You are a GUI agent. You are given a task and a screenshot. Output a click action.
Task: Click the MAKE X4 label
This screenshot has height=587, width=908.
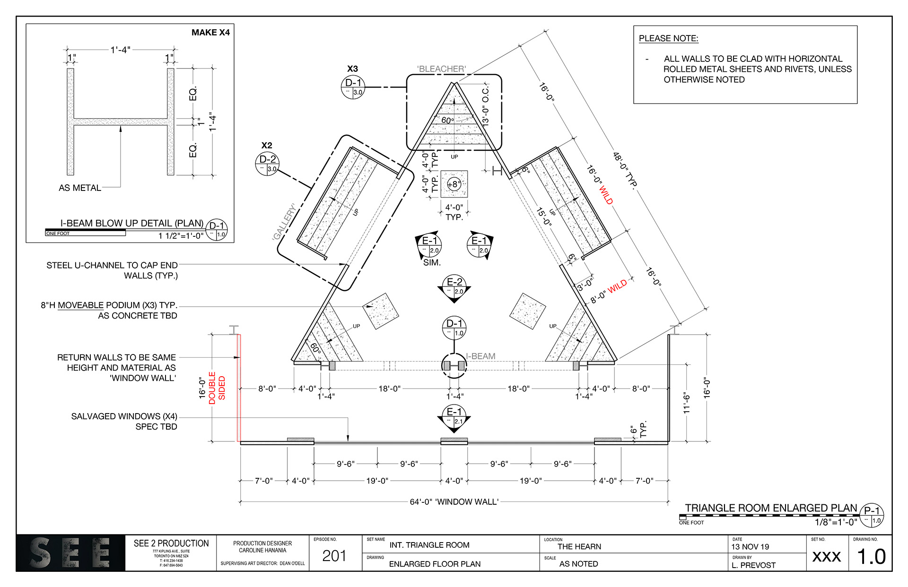pyautogui.click(x=210, y=33)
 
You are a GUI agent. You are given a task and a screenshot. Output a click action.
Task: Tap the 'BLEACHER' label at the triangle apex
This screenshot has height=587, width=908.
pyautogui.click(x=441, y=69)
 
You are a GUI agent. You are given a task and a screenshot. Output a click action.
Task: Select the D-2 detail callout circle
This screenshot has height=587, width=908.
pyautogui.click(x=267, y=164)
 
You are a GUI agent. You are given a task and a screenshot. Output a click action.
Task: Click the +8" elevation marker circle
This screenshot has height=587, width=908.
pyautogui.click(x=454, y=184)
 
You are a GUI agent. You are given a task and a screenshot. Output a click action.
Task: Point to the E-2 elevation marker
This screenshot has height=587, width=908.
pyautogui.click(x=454, y=287)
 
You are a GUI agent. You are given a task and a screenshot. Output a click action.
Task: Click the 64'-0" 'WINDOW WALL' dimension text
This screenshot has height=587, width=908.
pyautogui.click(x=454, y=501)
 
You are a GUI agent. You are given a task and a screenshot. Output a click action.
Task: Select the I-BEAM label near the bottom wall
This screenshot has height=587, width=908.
pyautogui.click(x=481, y=356)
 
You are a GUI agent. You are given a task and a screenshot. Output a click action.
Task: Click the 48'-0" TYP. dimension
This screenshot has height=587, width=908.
pyautogui.click(x=625, y=170)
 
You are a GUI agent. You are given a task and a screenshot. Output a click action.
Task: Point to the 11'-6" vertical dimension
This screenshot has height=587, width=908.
pyautogui.click(x=687, y=403)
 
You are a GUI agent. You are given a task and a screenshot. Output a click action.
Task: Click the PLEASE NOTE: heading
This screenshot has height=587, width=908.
pyautogui.click(x=668, y=38)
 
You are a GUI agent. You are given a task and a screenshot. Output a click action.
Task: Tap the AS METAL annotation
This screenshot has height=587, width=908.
pyautogui.click(x=80, y=188)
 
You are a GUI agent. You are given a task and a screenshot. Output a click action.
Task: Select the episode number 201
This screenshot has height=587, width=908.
pyautogui.click(x=334, y=556)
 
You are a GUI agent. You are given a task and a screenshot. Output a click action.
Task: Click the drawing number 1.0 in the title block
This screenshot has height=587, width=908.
pyautogui.click(x=872, y=557)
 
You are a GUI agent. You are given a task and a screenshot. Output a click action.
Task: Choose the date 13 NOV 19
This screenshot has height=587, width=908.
pyautogui.click(x=750, y=547)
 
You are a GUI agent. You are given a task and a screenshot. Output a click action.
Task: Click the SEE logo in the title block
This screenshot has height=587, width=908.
pyautogui.click(x=71, y=553)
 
